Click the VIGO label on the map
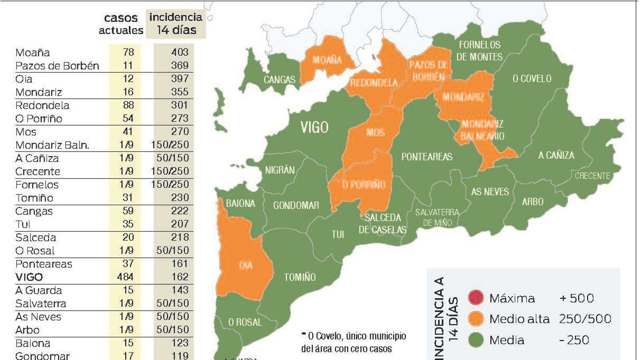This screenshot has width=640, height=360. coord(314,127)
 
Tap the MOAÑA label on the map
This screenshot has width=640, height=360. coord(327,60)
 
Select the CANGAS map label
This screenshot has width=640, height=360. coord(279,80)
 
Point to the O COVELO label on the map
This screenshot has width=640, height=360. coord(532,78)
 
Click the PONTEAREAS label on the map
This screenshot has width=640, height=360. coord(427,157)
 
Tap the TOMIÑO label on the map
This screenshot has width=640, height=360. coord(300,277)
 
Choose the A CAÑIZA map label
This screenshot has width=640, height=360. coord(556,155)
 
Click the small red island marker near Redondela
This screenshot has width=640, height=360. coord(373,58)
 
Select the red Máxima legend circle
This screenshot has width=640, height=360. coord(476,298)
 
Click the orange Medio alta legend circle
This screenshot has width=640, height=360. coord(476,319)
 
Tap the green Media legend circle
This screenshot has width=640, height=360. coord(476,340)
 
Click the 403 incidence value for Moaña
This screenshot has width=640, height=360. coord(180,52)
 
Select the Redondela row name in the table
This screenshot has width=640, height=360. coord(42,106)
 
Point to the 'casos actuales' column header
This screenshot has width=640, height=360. coord(121,24)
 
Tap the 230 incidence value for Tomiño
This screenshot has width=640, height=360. coord(180,198)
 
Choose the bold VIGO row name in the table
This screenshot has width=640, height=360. coord(29,277)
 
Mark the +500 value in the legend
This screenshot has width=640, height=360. coord(576,298)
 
